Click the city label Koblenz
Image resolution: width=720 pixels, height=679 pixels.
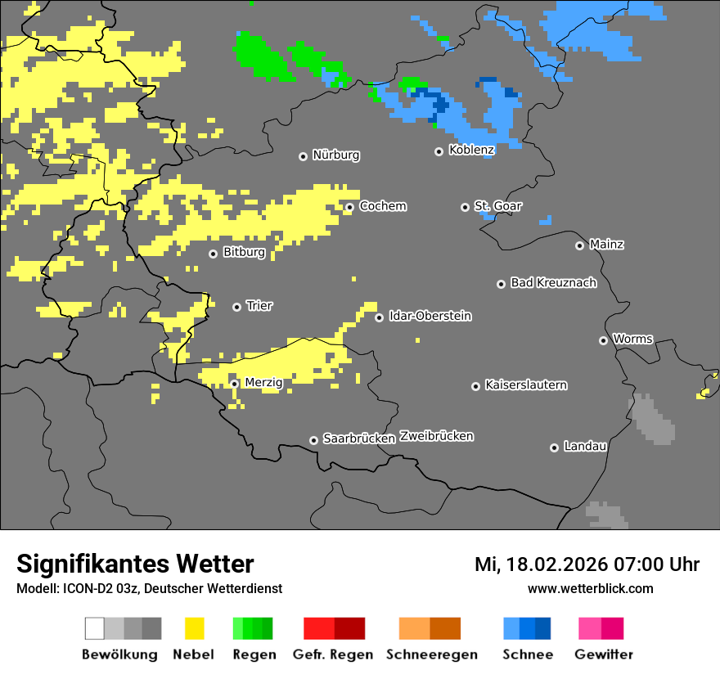click(471, 151)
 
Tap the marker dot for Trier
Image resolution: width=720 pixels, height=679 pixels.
click(237, 307)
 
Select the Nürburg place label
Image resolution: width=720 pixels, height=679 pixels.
click(335, 155)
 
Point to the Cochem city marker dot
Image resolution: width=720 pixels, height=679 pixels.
click(349, 207)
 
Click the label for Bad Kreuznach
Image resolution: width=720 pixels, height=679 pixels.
click(553, 283)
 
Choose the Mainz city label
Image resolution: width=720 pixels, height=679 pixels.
click(606, 245)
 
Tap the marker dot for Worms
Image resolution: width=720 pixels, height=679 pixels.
click(603, 340)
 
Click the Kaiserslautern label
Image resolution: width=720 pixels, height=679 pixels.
click(525, 385)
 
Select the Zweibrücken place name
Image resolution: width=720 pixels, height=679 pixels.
click(436, 436)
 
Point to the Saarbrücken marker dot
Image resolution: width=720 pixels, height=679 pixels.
click(313, 440)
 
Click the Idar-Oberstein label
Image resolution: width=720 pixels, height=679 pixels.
click(430, 317)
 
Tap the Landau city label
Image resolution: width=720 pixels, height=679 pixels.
click(585, 447)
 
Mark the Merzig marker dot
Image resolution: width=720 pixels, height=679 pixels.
click(234, 384)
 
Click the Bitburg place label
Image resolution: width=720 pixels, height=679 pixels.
click(244, 253)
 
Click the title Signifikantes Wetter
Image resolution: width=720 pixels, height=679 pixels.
click(135, 564)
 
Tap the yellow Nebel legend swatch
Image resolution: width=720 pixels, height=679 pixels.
click(195, 628)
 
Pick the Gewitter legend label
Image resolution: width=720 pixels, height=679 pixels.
click(603, 654)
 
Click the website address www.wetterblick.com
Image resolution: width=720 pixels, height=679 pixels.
click(590, 588)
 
